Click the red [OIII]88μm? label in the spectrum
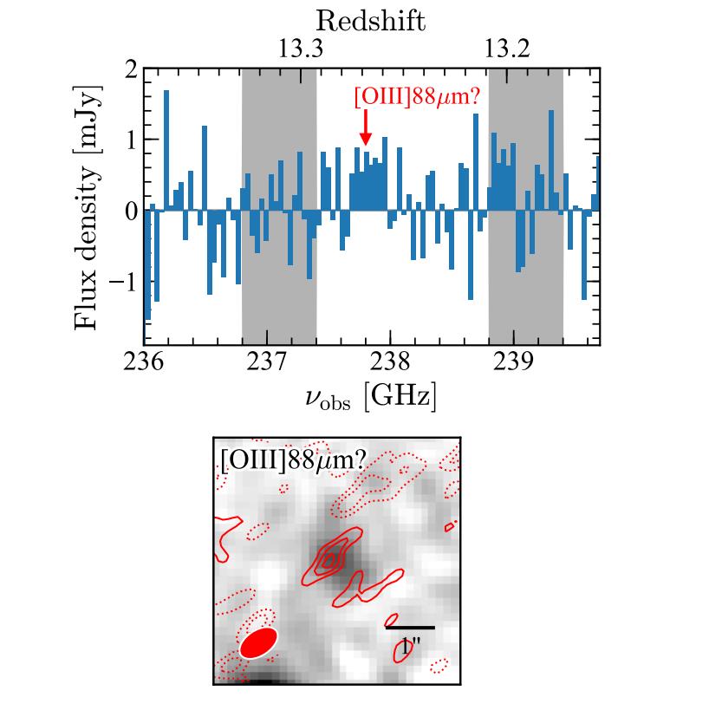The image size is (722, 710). click(417, 96)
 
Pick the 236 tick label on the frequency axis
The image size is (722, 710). click(144, 360)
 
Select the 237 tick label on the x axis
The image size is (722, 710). click(267, 360)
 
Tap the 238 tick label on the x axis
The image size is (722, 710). click(390, 360)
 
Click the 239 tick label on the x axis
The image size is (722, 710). click(513, 360)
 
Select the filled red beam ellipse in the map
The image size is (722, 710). click(257, 644)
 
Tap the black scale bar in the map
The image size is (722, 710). click(410, 627)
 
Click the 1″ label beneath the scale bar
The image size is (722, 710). click(409, 646)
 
